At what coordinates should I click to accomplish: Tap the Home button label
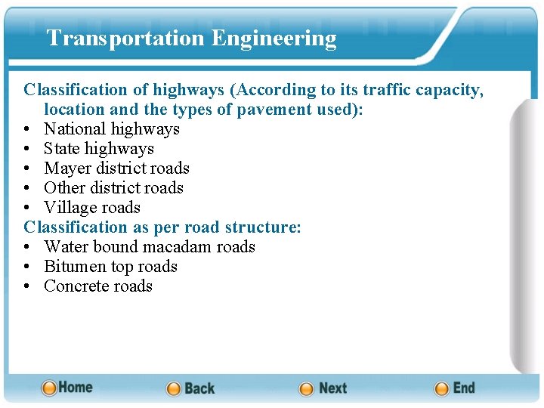[76, 388]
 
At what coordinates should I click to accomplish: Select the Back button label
[199, 388]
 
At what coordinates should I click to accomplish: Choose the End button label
[464, 388]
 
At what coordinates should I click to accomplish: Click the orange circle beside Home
[49, 388]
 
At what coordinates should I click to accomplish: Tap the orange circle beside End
[442, 389]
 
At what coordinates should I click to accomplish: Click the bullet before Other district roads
[28, 188]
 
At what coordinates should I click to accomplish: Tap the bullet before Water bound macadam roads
[28, 247]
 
